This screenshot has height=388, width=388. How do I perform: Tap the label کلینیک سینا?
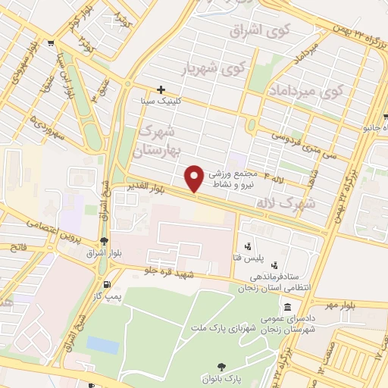158,100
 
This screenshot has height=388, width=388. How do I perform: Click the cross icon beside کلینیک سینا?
161,89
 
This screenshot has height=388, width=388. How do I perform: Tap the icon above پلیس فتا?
247,246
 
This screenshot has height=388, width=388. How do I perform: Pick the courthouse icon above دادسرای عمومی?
287,308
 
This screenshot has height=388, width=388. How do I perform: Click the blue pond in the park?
102,345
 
